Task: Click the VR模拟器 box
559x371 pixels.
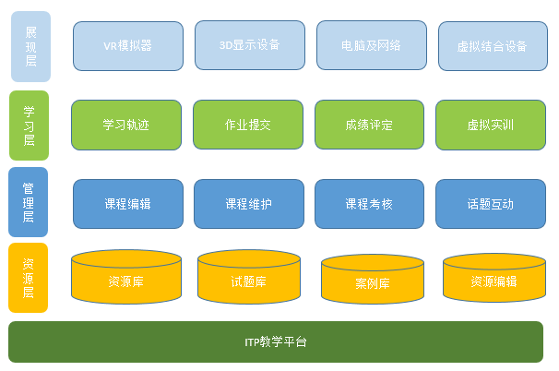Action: [x=127, y=45]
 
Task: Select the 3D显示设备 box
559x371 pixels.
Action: [x=250, y=44]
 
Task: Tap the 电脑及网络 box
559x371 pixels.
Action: [x=371, y=44]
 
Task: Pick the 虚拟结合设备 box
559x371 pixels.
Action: [x=492, y=45]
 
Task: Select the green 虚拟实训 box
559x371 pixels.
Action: [x=491, y=125]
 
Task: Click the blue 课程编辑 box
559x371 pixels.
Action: [x=127, y=204]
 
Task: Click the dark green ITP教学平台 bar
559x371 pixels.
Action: [x=276, y=342]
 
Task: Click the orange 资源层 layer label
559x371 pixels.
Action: [x=28, y=279]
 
